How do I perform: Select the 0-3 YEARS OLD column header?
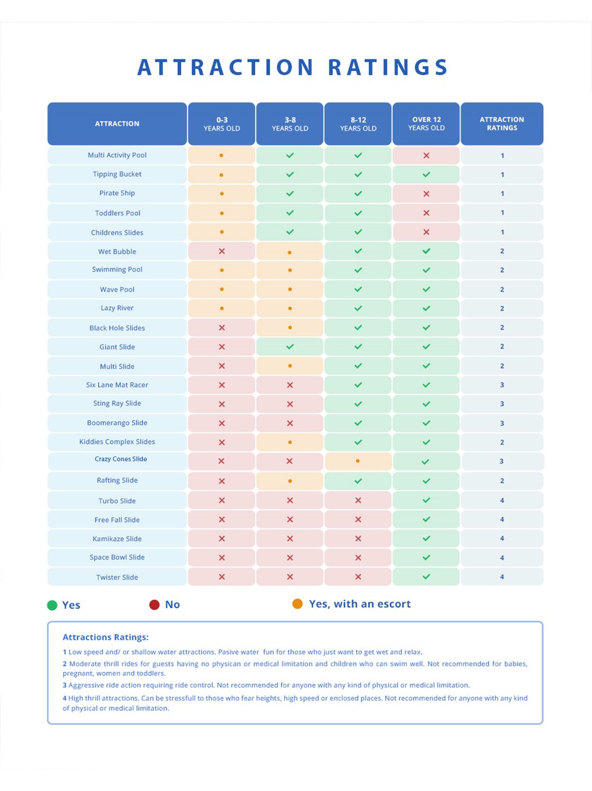[x=221, y=124]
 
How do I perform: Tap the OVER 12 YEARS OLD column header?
[x=426, y=124]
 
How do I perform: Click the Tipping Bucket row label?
[x=117, y=174]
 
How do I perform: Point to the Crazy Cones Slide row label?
[x=121, y=459]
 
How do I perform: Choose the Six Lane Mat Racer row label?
[x=117, y=385]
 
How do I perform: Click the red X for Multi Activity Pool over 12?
[x=426, y=156]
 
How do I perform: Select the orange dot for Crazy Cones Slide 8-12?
[x=357, y=461]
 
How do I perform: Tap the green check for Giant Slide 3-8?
[x=290, y=346]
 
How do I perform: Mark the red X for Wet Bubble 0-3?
[x=222, y=251]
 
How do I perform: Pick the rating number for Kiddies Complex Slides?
[x=502, y=442]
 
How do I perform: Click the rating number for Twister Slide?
[x=502, y=577]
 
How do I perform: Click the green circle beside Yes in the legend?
[x=52, y=605]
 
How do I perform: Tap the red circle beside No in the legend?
[x=155, y=604]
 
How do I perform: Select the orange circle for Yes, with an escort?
[x=297, y=604]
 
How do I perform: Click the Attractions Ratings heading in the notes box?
[x=106, y=637]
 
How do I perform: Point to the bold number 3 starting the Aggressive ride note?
[x=65, y=685]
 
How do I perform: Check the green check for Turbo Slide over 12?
[x=426, y=500]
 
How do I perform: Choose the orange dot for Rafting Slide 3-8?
[x=290, y=481]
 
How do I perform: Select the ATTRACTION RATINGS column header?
[x=502, y=124]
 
